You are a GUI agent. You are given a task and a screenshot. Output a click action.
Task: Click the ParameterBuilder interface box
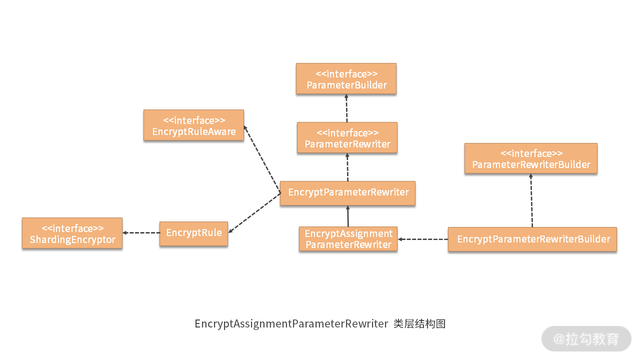pos(346,78)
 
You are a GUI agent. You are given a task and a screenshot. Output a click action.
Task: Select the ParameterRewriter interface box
pos(347,138)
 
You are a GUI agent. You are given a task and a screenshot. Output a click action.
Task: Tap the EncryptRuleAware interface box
pos(193,125)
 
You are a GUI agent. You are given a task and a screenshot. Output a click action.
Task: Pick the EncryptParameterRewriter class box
pos(347,193)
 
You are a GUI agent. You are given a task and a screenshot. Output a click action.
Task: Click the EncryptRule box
pos(193,233)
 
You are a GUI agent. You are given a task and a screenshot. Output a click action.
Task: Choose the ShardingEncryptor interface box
pos(72,233)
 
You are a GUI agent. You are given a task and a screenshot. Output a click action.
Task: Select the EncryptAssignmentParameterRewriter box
pos(348,239)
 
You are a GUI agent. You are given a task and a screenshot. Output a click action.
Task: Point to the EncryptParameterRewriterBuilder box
pos(532,239)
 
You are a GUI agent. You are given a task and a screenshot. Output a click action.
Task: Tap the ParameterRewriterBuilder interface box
pos(530,158)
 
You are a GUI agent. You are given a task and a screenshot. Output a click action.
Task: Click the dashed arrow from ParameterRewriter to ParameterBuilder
pos(346,108)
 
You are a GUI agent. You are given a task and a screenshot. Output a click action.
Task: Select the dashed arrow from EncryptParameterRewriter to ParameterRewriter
pos(347,168)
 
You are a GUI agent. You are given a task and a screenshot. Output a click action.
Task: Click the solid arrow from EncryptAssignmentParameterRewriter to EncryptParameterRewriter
pos(348,216)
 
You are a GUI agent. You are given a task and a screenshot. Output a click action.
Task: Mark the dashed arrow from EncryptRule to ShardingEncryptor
pos(141,233)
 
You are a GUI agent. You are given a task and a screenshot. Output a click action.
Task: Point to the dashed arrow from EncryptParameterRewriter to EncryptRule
pos(254,213)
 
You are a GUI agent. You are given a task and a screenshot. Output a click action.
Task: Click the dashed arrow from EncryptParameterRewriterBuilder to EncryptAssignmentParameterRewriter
pos(423,239)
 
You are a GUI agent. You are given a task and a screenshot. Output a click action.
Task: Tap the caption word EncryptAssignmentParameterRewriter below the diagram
pos(291,324)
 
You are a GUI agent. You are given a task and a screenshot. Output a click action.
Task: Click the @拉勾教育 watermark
pos(586,339)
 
